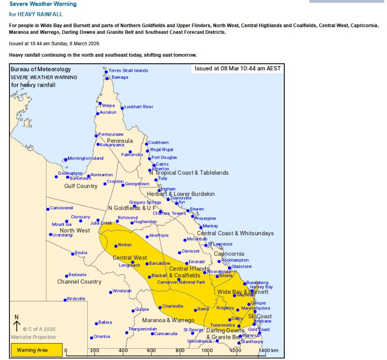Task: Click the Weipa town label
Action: tap(108, 105)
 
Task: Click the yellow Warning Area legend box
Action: tap(37, 350)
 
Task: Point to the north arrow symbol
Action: tap(17, 323)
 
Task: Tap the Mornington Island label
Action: tap(85, 158)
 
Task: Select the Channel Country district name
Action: tap(79, 282)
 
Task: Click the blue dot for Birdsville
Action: tap(65, 300)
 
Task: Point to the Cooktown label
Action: tap(159, 142)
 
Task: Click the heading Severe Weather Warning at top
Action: tap(43, 4)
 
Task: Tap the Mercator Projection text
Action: tap(33, 337)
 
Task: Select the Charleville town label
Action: tap(173, 306)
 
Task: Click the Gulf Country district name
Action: tap(81, 186)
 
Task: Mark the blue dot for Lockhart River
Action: tap(122, 108)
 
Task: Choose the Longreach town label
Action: tap(129, 265)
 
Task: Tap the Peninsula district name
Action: tap(120, 141)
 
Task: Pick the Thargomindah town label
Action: tap(143, 329)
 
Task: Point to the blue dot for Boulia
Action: tap(73, 254)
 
